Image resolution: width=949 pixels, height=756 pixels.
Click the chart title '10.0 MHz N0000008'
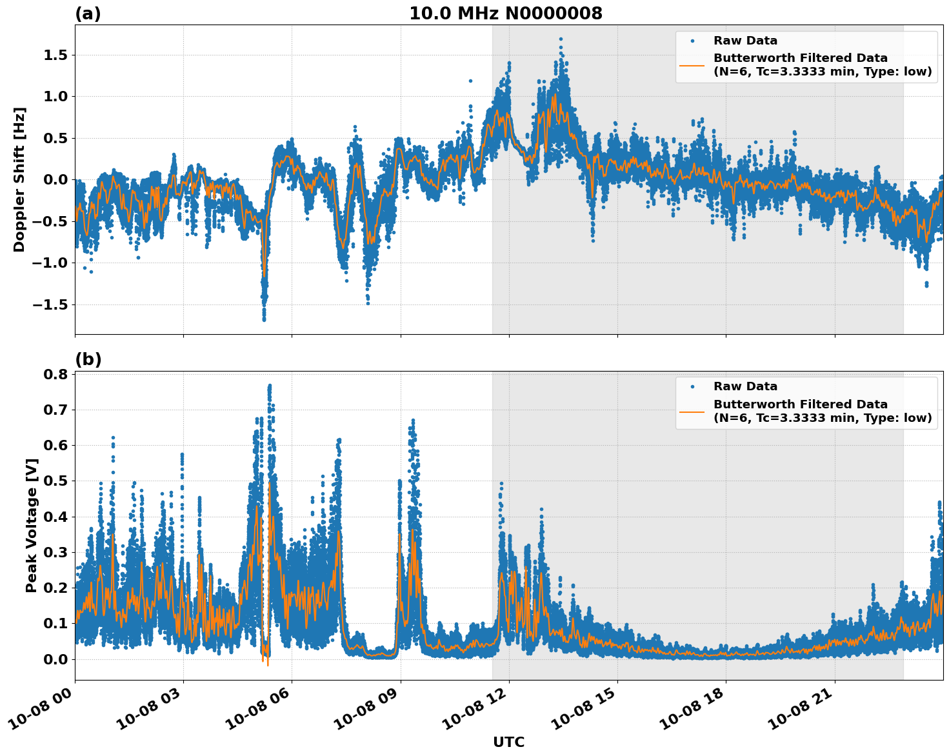tap(506, 14)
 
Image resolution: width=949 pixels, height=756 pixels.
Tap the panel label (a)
tap(88, 14)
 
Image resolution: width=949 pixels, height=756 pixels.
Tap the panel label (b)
tap(88, 359)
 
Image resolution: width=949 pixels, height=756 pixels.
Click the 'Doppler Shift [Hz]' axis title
tap(19, 179)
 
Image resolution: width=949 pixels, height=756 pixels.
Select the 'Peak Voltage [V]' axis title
tap(32, 525)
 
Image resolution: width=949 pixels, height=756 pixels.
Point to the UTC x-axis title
tap(508, 742)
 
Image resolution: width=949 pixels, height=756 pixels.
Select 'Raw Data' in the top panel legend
tap(745, 41)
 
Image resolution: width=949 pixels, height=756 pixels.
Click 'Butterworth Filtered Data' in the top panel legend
tap(800, 58)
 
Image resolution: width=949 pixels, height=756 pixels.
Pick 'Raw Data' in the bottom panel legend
tap(745, 386)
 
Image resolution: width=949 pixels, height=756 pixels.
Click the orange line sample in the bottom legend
tap(692, 411)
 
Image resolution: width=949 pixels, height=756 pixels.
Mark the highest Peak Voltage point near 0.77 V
tap(270, 386)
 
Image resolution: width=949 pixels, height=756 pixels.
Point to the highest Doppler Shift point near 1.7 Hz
tap(561, 39)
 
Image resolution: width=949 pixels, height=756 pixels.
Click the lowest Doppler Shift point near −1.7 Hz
tap(264, 319)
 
